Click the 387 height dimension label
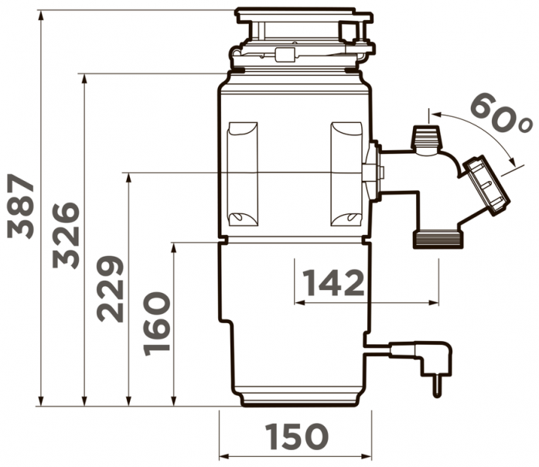pyautogui.click(x=21, y=206)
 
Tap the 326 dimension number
pyautogui.click(x=66, y=235)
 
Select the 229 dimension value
pyautogui.click(x=110, y=289)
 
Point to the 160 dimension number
pyautogui.click(x=157, y=324)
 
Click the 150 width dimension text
pyautogui.click(x=298, y=436)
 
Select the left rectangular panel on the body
pyautogui.click(x=242, y=174)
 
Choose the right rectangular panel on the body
pyautogui.click(x=346, y=174)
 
